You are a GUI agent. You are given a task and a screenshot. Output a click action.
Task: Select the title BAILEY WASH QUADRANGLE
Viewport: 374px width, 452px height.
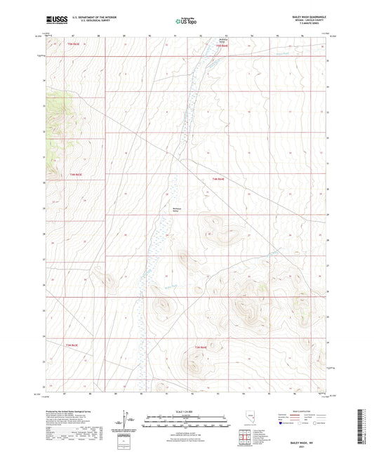click(x=302, y=14)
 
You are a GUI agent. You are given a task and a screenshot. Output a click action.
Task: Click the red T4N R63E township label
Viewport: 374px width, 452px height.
click(x=75, y=174)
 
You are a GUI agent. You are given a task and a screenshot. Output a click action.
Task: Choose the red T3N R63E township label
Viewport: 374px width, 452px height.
click(x=72, y=345)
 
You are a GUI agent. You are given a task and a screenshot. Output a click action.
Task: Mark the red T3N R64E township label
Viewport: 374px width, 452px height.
click(x=201, y=347)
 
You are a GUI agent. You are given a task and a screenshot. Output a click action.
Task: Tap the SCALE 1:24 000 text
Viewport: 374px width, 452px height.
click(x=186, y=411)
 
